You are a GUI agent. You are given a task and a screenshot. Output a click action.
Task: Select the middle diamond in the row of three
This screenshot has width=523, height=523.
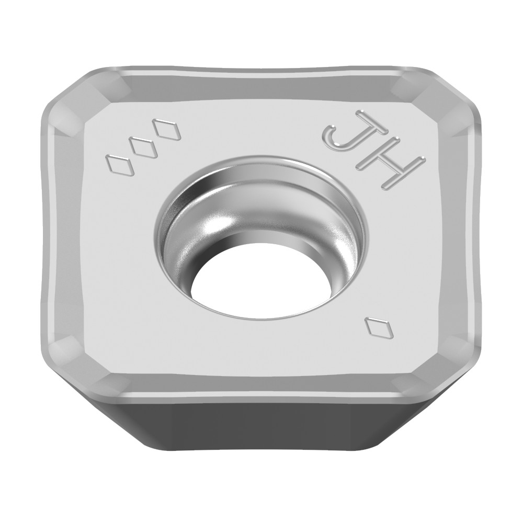coord(142,147)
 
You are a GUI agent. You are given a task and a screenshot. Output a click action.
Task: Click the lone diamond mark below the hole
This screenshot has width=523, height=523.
coord(378,327)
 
